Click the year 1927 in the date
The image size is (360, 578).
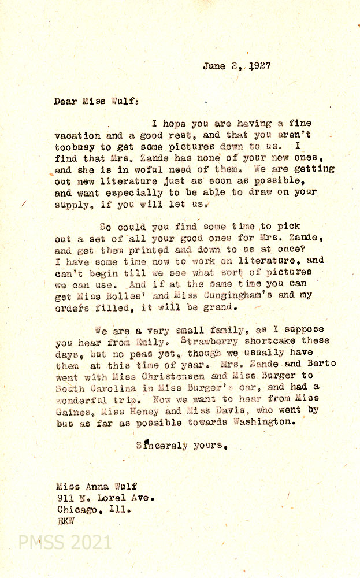[260, 66]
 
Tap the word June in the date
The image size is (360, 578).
[214, 66]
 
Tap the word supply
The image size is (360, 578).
[72, 204]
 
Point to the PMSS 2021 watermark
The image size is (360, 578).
[65, 542]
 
